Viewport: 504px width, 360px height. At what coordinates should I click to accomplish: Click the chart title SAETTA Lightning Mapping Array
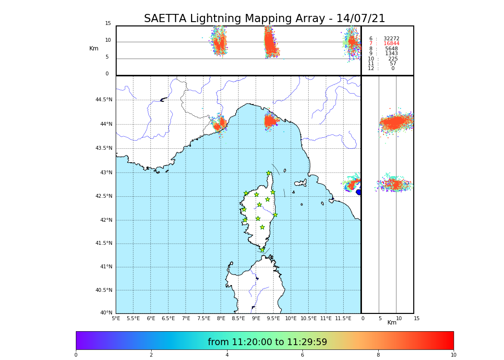click(264, 19)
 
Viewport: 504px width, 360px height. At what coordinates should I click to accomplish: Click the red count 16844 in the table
click(391, 44)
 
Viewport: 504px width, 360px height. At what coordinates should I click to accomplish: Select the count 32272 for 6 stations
click(391, 38)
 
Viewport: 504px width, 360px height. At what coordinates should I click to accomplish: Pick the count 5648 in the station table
click(391, 48)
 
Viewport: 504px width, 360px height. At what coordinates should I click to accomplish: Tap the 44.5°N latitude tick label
click(104, 100)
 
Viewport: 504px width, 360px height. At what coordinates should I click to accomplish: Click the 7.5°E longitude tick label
click(204, 318)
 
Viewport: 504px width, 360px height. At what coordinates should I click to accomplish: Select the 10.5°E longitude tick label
click(309, 318)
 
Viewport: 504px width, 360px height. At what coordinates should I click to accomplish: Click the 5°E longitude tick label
click(116, 318)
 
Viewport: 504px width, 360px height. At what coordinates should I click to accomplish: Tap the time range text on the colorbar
click(267, 342)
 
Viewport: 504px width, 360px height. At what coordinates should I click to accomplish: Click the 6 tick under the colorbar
click(302, 355)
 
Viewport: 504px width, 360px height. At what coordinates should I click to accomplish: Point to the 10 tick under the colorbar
click(453, 355)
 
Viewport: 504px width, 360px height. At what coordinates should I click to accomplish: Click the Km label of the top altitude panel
click(94, 48)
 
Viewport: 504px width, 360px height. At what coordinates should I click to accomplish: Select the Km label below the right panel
click(392, 323)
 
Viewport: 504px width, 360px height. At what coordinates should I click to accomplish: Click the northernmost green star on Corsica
click(269, 173)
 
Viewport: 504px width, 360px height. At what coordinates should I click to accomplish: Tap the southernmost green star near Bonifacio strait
click(262, 250)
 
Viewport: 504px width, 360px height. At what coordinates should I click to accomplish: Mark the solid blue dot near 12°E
click(359, 192)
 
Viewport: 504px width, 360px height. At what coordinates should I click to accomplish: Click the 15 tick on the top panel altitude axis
click(108, 24)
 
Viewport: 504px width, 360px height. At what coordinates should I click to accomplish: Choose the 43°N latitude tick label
click(106, 173)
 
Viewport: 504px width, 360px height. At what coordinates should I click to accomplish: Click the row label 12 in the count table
click(371, 69)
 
